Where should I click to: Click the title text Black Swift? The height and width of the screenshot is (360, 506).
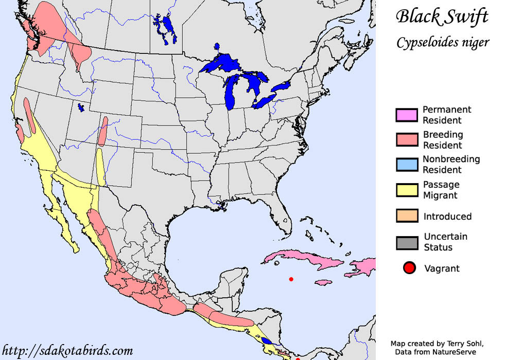point(442,17)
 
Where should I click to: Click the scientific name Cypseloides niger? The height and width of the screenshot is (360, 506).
point(442,42)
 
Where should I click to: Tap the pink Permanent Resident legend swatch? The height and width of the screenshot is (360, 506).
point(406,115)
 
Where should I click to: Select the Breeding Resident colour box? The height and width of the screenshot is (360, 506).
point(406,140)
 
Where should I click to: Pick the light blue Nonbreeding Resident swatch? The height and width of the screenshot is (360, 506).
point(406,165)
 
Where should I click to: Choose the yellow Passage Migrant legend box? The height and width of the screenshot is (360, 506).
point(406,190)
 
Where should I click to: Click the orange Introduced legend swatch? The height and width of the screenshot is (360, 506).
point(406,215)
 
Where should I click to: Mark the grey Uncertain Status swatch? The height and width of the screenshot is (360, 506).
point(406,242)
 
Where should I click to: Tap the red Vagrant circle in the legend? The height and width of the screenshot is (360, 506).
point(410,268)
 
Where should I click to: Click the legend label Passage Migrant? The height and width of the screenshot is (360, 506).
point(441,190)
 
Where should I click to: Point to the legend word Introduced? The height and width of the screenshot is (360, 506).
point(447,217)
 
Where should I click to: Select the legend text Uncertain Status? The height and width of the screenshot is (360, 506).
point(445,242)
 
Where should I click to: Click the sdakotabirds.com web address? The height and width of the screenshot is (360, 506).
point(67,351)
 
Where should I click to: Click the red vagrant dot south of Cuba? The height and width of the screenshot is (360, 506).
point(291,279)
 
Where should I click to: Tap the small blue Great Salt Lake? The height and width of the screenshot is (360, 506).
point(80,108)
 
